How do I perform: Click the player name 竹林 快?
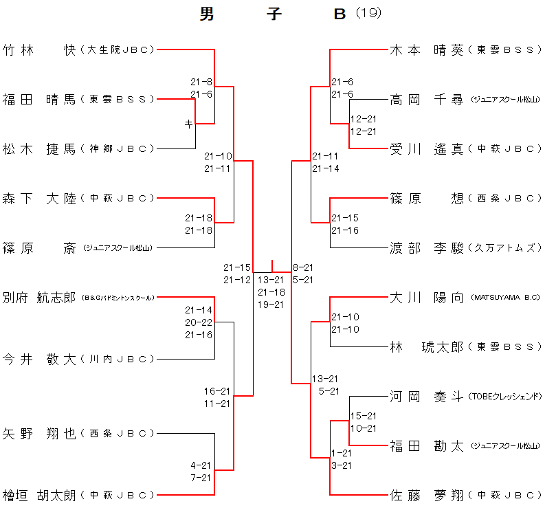[x=38, y=49]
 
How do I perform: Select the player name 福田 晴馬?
[x=38, y=99]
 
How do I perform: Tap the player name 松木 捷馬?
[x=38, y=148]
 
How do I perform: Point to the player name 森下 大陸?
[x=38, y=198]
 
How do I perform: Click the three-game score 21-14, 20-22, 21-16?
[x=199, y=322]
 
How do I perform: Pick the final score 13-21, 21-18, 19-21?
[x=271, y=292]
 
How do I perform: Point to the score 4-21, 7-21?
[x=201, y=471]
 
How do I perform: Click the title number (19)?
[x=369, y=13]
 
